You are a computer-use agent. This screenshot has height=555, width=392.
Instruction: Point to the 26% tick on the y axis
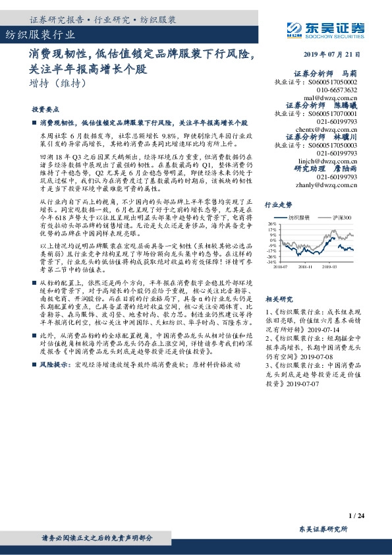point(272,224)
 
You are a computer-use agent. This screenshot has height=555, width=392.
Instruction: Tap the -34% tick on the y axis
point(271,262)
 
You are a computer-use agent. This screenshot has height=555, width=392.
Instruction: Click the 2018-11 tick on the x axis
point(305,267)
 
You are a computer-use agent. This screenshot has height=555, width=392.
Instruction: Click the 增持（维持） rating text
point(59,84)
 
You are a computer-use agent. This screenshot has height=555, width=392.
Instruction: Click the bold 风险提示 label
point(55,382)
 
